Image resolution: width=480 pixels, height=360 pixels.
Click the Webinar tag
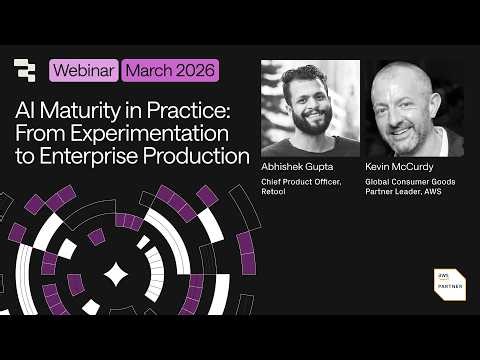[83, 71]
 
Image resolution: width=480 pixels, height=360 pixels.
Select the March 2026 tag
[170, 71]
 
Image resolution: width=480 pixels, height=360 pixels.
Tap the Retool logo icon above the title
[25, 71]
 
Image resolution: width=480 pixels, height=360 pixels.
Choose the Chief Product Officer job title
[300, 185]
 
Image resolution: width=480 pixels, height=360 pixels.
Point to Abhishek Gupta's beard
[311, 125]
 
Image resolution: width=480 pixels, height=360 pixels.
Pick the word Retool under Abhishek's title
[274, 194]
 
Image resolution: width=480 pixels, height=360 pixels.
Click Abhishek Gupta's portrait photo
[310, 108]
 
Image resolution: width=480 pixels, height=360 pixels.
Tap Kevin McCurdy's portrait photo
[411, 108]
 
